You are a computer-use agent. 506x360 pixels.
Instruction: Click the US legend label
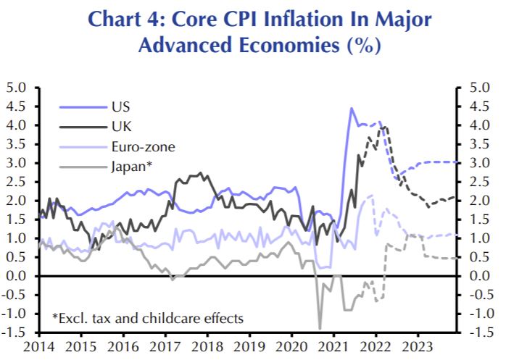coord(120,106)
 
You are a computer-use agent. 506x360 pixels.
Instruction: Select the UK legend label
coord(121,126)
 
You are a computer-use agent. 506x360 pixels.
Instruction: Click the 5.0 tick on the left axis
coord(17,88)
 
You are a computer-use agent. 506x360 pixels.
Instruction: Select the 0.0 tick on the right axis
coord(479,276)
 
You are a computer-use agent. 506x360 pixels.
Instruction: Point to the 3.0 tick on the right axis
coord(479,163)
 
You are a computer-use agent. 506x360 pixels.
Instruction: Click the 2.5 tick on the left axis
coord(17,182)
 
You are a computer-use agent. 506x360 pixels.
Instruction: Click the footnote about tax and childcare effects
coord(147,317)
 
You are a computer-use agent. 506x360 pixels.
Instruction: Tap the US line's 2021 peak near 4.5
coord(352,109)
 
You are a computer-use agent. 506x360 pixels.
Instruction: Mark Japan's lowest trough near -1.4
coord(320,328)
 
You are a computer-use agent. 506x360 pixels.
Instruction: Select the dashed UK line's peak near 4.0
coord(383,127)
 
